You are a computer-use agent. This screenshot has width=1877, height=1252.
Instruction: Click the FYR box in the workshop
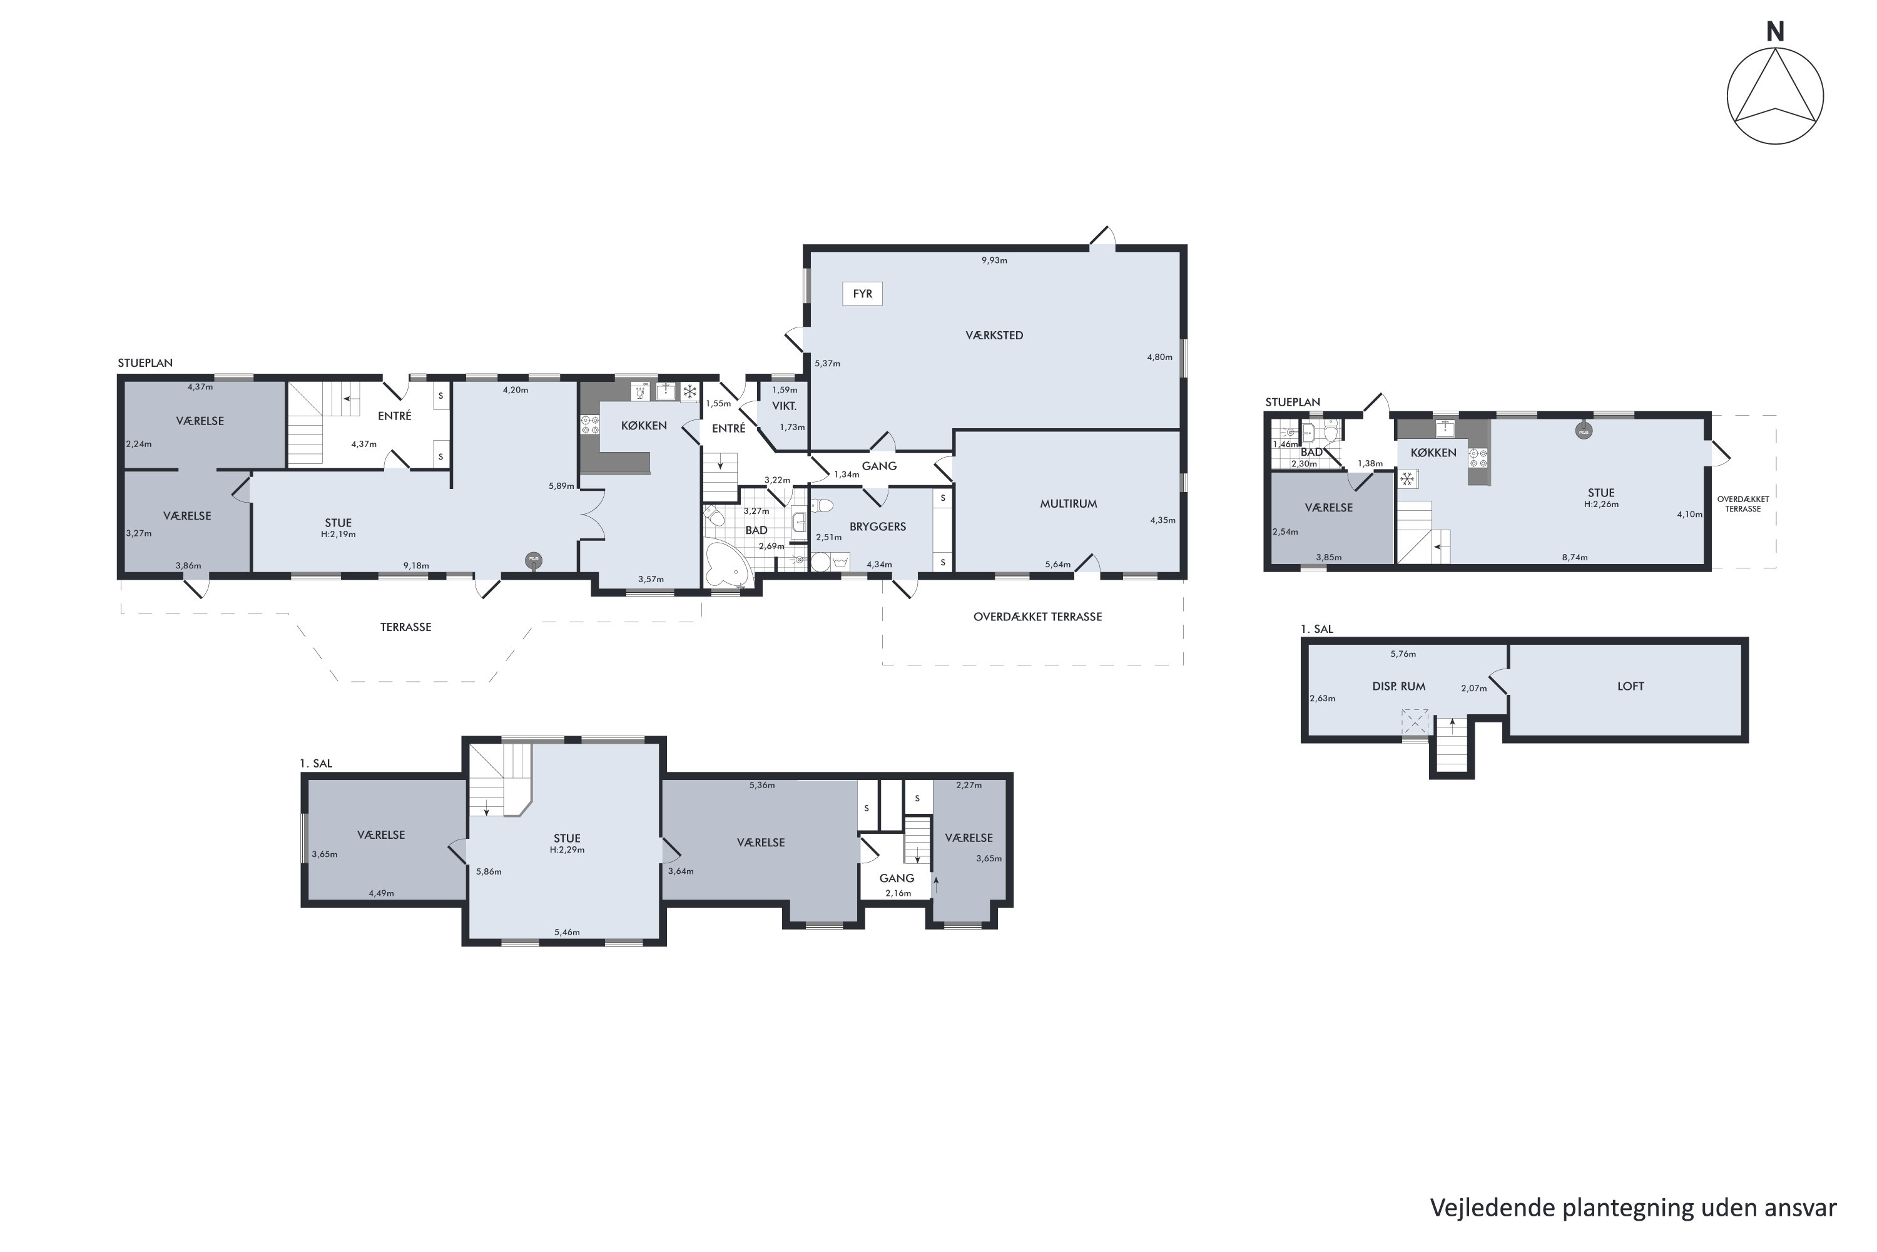coord(862,294)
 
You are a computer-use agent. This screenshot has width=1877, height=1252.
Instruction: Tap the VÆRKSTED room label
coord(994,336)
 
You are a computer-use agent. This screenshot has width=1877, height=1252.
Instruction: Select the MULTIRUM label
coord(1068,504)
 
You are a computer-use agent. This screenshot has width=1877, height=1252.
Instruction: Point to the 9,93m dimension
coord(994,260)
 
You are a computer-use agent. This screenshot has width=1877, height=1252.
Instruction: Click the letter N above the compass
coord(1775,32)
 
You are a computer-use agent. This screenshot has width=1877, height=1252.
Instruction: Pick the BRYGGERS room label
coord(877,527)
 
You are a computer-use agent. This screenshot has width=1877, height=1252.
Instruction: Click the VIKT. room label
coord(784,406)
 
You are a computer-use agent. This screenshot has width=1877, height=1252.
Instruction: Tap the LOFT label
coord(1630,686)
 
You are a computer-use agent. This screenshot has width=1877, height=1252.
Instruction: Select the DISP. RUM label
coord(1398,687)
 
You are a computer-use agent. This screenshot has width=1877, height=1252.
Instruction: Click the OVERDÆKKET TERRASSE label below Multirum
coord(1037,617)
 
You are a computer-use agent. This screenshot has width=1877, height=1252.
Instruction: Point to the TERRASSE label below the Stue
coord(405,628)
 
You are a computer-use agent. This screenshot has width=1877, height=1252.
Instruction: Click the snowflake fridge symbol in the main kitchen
coord(689,392)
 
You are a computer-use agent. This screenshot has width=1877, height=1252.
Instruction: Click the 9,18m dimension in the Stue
coord(416,566)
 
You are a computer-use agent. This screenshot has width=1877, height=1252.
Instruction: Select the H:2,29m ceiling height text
coord(567,849)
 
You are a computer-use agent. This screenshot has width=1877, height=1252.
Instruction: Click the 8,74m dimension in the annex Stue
coord(1575,557)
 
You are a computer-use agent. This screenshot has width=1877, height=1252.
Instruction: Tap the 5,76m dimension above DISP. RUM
coord(1403,654)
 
